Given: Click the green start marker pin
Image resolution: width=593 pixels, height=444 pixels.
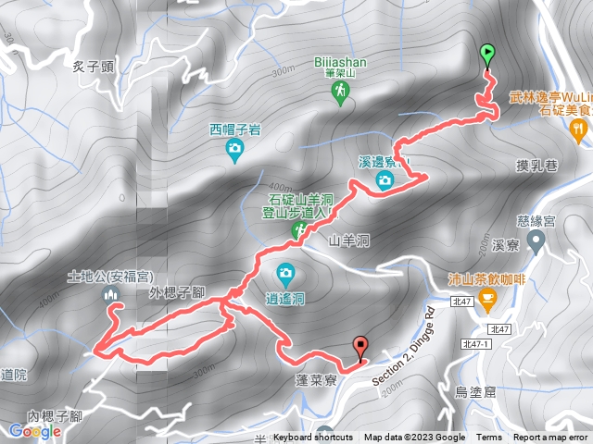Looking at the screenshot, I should pyautogui.click(x=487, y=54).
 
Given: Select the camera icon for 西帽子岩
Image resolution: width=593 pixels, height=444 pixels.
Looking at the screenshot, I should pyautogui.click(x=235, y=147).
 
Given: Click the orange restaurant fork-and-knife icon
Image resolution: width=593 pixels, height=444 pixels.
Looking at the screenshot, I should pyautogui.click(x=579, y=131).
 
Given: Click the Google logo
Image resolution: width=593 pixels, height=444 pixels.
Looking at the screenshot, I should pyautogui.click(x=35, y=431).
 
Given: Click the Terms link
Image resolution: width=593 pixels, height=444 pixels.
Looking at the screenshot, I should pyautogui.click(x=489, y=438).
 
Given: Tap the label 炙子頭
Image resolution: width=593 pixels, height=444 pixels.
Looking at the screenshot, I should pyautogui.click(x=93, y=66).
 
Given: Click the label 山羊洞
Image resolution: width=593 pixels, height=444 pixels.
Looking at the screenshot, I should pyautogui.click(x=349, y=240).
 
